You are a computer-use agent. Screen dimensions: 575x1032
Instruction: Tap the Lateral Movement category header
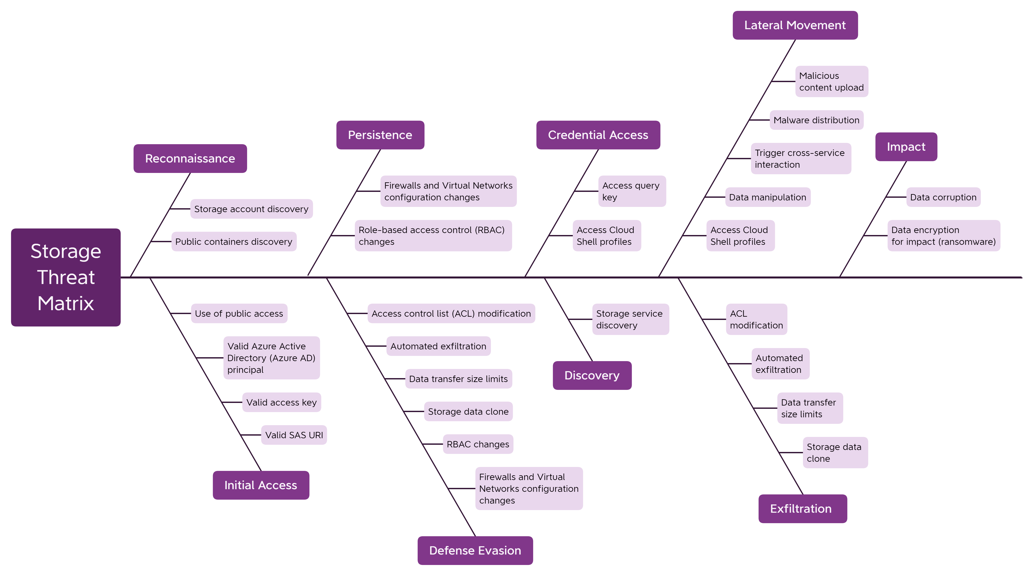tap(795, 25)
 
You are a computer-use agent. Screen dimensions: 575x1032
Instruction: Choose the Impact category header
tap(906, 147)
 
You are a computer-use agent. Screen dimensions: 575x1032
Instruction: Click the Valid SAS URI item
tap(294, 435)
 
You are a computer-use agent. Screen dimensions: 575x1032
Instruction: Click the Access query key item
tap(631, 191)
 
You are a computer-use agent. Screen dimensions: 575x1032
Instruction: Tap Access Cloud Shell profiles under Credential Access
tap(606, 236)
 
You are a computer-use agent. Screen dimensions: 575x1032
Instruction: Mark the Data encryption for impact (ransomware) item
tap(943, 236)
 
